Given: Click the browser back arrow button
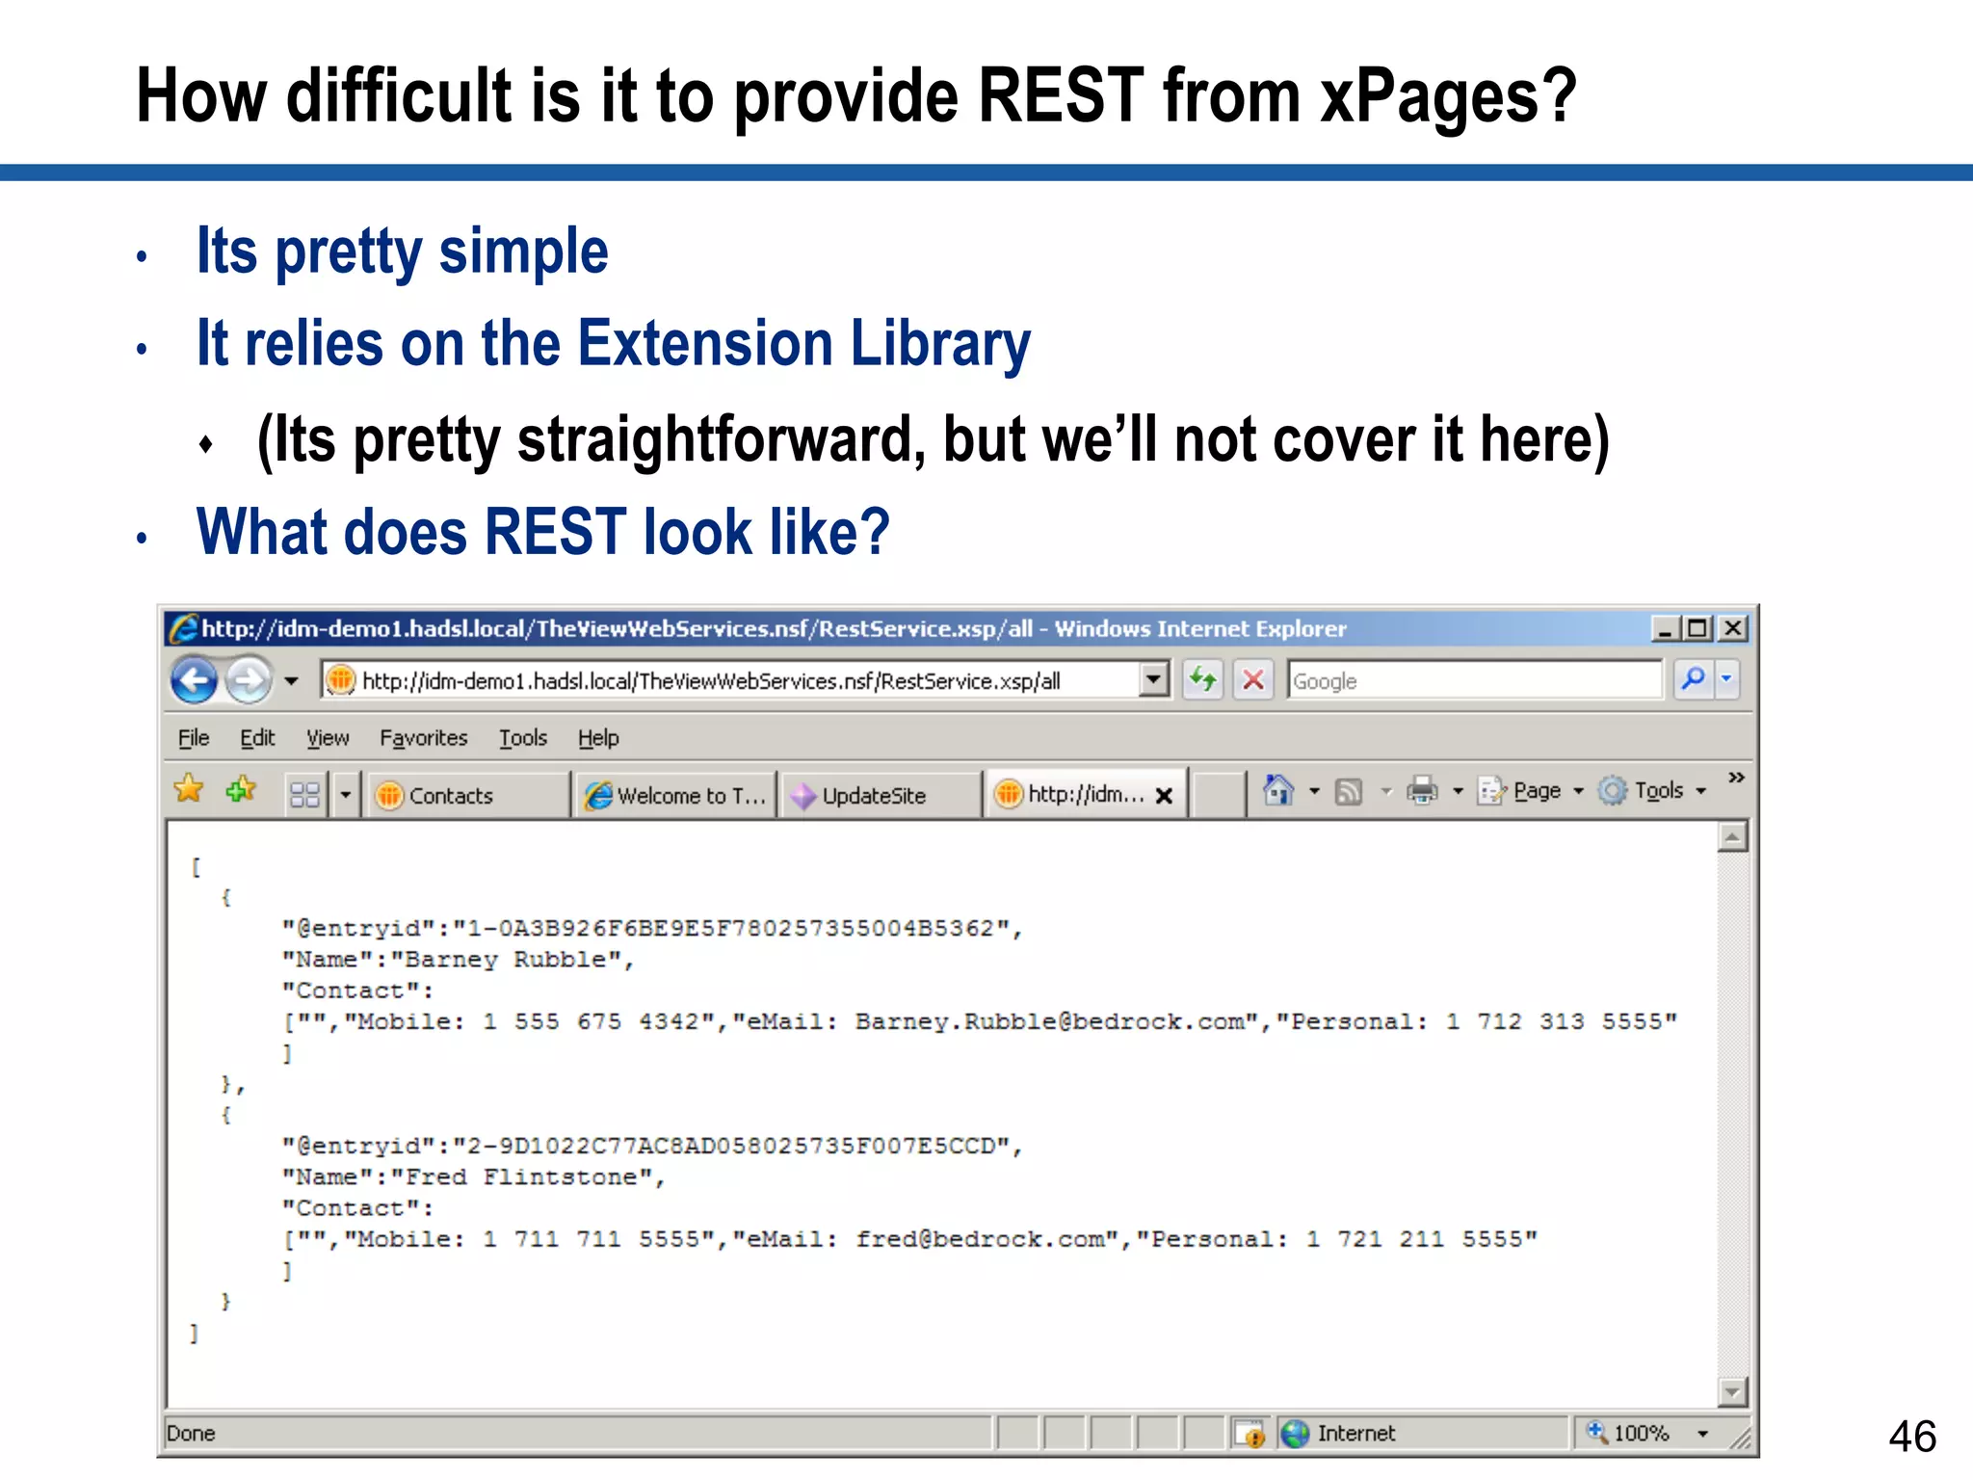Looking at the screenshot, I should click(x=194, y=681).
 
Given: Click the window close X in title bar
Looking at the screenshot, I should click(x=1733, y=629).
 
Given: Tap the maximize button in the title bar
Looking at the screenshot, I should click(x=1698, y=629).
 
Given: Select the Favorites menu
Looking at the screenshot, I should click(x=423, y=738).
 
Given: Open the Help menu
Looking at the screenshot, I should click(x=598, y=738).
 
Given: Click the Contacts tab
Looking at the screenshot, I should click(x=450, y=796).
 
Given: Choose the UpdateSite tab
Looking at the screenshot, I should click(x=873, y=796).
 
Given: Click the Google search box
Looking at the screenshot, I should click(x=1474, y=681).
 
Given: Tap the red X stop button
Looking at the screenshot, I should click(x=1253, y=680).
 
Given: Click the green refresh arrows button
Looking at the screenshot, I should click(x=1202, y=680).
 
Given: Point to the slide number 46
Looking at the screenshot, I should click(x=1912, y=1437).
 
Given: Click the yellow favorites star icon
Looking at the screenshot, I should click(x=190, y=790).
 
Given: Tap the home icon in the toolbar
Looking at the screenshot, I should click(x=1278, y=791).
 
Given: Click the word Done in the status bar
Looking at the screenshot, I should click(x=191, y=1434).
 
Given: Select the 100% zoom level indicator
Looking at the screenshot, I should click(x=1641, y=1434).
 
